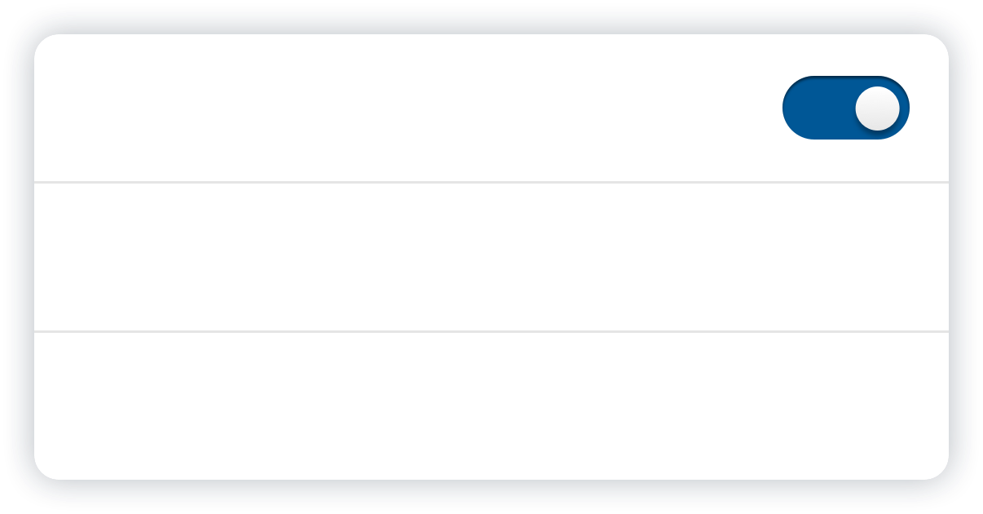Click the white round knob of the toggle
878,108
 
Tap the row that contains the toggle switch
408,108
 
